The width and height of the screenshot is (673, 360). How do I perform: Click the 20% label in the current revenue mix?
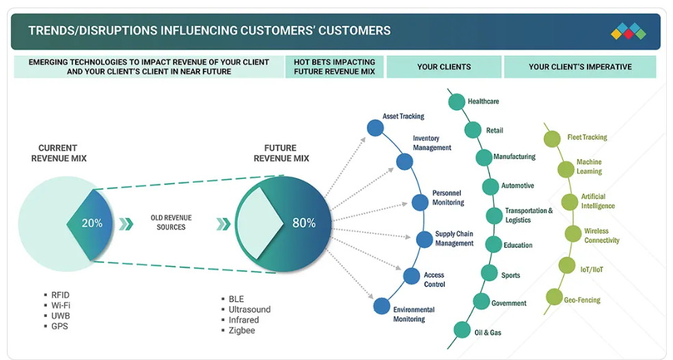(92, 223)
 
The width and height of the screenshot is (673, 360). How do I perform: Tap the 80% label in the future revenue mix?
(304, 223)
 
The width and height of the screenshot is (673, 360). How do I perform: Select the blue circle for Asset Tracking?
(375, 128)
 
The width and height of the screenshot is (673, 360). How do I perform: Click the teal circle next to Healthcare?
(456, 102)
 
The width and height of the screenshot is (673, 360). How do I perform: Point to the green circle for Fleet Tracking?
(552, 139)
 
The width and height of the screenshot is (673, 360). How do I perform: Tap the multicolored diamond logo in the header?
(629, 31)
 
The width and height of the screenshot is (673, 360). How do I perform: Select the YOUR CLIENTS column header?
(444, 67)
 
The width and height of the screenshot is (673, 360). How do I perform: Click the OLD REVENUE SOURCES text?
(171, 222)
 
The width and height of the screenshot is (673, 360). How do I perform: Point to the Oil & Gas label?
(488, 333)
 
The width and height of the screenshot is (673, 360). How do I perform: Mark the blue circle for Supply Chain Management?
(424, 239)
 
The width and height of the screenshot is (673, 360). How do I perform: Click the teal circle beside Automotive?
(490, 186)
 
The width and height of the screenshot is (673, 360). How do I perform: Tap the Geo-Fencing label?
(582, 300)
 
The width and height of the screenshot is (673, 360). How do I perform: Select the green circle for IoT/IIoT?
(567, 266)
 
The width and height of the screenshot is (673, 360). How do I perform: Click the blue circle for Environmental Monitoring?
(381, 306)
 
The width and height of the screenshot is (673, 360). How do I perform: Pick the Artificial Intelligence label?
(598, 202)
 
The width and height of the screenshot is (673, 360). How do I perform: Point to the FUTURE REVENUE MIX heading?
(281, 153)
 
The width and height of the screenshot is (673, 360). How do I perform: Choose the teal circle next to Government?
(481, 301)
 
